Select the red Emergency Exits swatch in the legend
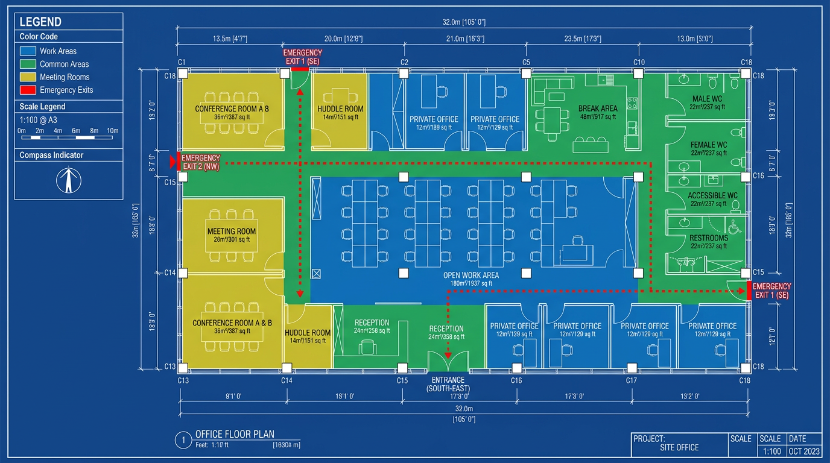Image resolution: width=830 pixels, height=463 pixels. click(28, 90)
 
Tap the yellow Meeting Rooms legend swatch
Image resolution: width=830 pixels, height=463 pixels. click(28, 77)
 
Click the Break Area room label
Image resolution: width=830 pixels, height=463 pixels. click(597, 109)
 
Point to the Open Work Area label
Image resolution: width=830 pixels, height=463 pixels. click(471, 276)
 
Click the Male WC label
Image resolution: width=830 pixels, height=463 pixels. click(708, 98)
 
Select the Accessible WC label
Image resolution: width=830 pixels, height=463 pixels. click(712, 196)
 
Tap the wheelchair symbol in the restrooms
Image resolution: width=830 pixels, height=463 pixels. click(734, 228)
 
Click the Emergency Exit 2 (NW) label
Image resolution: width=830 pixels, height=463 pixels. click(201, 162)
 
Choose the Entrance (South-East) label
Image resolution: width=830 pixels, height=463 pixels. click(448, 384)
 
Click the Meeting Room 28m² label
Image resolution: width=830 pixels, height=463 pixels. click(232, 231)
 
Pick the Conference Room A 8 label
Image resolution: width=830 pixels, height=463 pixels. click(232, 109)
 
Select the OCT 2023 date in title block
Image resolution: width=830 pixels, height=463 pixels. click(804, 452)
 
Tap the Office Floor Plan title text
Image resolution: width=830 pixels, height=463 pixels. click(235, 435)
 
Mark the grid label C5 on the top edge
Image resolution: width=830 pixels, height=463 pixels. click(526, 63)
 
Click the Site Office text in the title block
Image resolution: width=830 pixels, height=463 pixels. click(679, 447)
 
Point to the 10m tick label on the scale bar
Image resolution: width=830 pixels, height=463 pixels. click(112, 131)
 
